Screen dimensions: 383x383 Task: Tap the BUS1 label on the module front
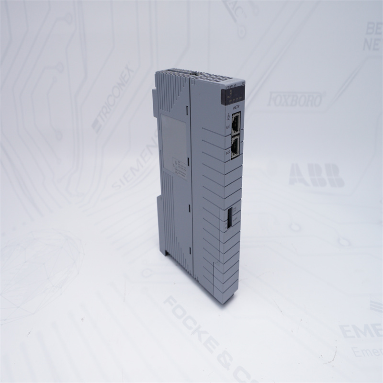[228, 128]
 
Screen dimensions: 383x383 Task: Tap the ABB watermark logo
[316, 175]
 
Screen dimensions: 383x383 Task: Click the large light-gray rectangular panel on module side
[173, 139]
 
